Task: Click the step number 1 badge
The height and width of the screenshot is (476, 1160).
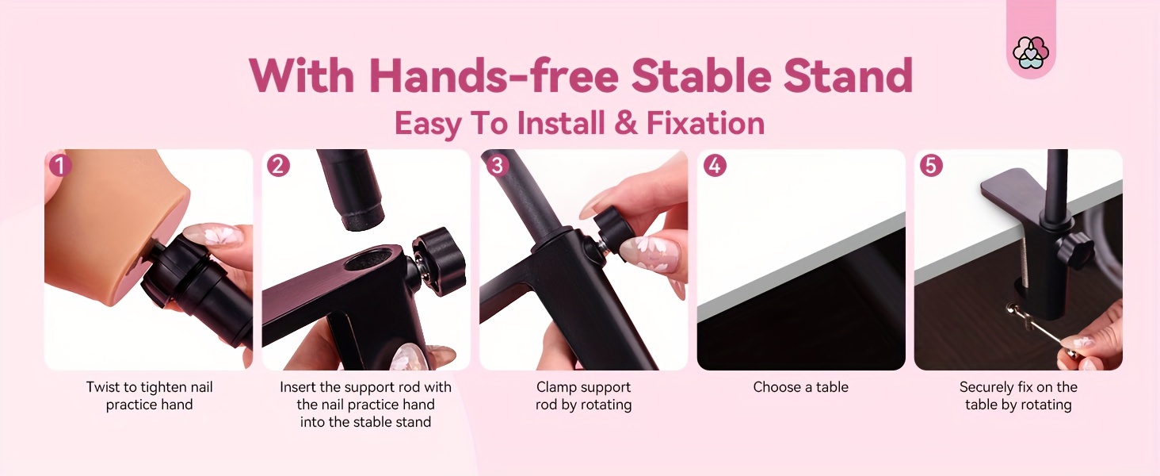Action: tap(60, 166)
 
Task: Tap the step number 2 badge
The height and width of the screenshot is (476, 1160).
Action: tap(278, 166)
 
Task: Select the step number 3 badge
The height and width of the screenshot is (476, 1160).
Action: tap(497, 166)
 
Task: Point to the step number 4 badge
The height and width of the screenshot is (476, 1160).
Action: tap(715, 166)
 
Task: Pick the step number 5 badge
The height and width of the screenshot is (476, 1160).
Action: tap(931, 166)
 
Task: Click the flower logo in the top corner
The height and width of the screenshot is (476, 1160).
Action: tap(1031, 52)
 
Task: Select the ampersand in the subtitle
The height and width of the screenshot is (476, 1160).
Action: tap(626, 124)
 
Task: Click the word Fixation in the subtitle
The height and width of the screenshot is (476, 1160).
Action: tap(705, 124)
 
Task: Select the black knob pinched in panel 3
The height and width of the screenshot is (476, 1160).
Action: tap(612, 228)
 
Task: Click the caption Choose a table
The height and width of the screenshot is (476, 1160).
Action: tap(800, 387)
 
